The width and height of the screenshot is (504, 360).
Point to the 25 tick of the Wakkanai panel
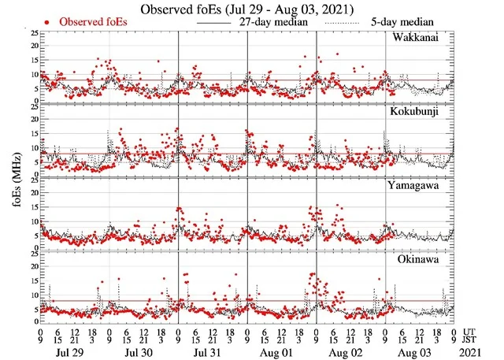(x=32, y=33)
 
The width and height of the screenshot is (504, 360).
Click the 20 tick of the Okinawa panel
(x=32, y=265)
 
